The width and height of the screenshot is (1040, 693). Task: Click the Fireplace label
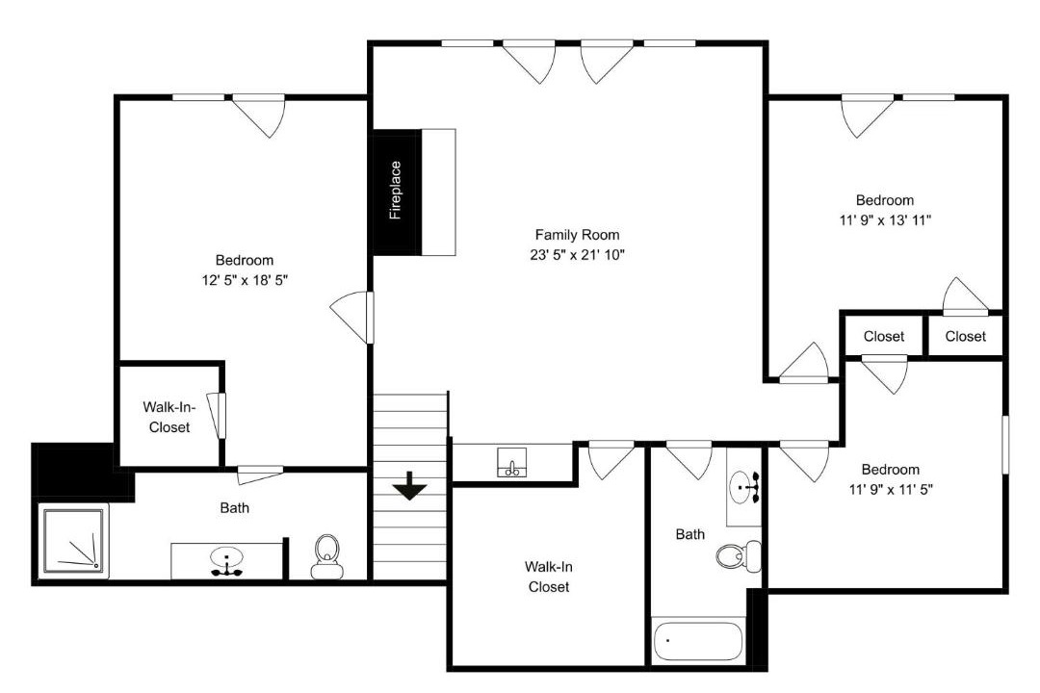tap(396, 190)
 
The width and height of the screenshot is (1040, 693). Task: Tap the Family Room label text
tap(577, 235)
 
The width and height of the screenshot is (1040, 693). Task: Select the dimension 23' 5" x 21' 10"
tap(577, 255)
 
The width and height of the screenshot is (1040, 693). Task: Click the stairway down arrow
tap(410, 485)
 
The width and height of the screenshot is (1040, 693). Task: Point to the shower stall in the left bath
tap(73, 540)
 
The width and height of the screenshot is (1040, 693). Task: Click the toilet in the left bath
tap(326, 556)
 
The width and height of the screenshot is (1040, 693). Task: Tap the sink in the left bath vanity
tap(227, 561)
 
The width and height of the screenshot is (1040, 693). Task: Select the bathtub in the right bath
tap(697, 641)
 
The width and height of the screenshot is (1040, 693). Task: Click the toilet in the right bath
tap(739, 555)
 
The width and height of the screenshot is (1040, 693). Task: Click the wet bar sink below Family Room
tap(512, 462)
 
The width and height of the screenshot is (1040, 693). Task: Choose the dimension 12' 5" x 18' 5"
tap(245, 280)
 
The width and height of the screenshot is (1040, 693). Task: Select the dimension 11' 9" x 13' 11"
tap(886, 220)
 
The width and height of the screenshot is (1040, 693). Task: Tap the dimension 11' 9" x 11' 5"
tap(891, 489)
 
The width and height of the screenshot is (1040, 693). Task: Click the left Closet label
tap(883, 336)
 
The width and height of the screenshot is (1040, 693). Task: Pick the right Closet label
tap(965, 336)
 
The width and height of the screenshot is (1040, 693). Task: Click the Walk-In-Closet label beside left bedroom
tap(169, 417)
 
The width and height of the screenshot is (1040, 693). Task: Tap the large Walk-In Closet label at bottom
tap(549, 577)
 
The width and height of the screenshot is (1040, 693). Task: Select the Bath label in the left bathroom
tap(235, 508)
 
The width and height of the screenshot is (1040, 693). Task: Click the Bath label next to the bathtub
tap(690, 534)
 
